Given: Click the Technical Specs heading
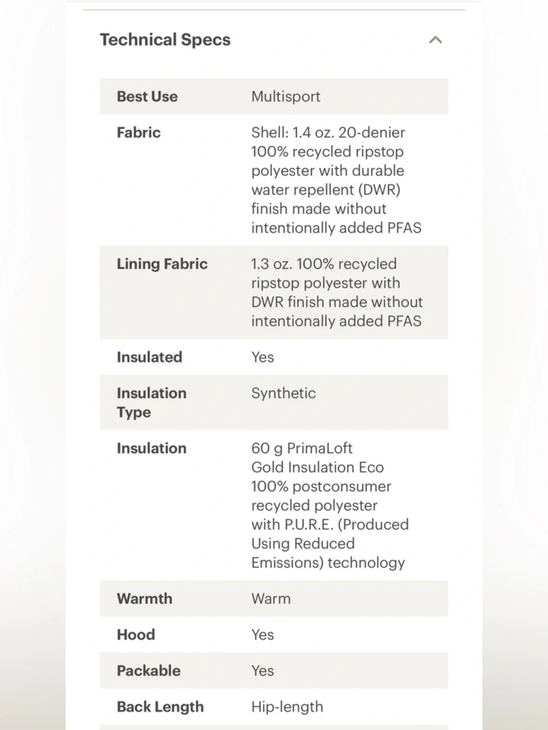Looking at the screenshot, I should pos(165,40).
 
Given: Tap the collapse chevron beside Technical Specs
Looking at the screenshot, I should pos(435,40).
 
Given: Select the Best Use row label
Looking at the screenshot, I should pos(147,96).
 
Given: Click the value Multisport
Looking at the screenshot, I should pos(286,96).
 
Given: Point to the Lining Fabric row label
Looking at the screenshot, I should pos(162,264).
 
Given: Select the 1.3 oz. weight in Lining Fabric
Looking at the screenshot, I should pos(271,264).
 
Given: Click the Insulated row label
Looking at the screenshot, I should pos(149,357).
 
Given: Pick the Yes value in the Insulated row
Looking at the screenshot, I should pos(262,357).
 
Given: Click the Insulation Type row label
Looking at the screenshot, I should pos(151,403).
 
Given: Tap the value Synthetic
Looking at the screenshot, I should pos(283,393).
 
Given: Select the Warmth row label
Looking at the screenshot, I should pos(144,599).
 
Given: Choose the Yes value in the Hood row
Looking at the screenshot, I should pos(262,635).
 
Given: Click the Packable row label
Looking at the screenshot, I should pos(149,671).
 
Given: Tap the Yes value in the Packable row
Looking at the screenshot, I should pos(262,671).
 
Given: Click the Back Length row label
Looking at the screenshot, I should pos(160,707).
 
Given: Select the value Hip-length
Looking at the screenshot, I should pos(287,707).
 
